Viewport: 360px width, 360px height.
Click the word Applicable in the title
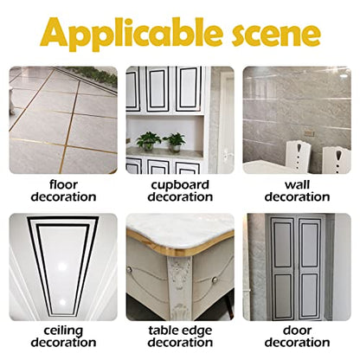click(132, 34)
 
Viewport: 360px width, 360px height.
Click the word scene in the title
click(276, 33)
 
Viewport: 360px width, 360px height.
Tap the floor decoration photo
click(63, 120)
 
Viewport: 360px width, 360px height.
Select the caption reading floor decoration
click(63, 191)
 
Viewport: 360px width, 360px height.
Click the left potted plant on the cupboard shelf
click(148, 141)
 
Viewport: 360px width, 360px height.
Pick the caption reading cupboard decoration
click(180, 191)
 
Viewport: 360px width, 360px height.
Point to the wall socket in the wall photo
click(310, 133)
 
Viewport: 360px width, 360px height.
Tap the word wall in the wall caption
click(297, 185)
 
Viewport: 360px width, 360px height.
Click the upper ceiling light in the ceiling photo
click(62, 267)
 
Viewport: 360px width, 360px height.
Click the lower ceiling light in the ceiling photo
click(62, 302)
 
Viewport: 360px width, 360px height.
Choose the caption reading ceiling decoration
click(63, 337)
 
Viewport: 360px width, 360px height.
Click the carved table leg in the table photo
click(178, 287)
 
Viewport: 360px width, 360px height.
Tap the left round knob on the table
click(130, 270)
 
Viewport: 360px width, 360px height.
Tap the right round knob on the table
click(214, 280)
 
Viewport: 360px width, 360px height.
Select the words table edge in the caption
click(180, 331)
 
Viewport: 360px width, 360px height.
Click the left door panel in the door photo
click(282, 269)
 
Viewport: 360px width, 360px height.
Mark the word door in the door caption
click(297, 331)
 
